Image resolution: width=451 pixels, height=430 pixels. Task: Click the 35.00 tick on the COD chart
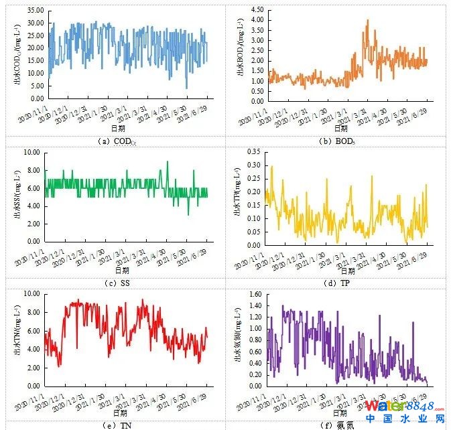34,11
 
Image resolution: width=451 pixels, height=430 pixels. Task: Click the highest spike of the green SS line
168,161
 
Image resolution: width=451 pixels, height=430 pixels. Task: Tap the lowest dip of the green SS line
188,214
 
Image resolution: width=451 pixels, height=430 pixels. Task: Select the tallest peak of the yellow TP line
271,166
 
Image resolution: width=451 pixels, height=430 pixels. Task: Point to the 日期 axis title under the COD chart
117,127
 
